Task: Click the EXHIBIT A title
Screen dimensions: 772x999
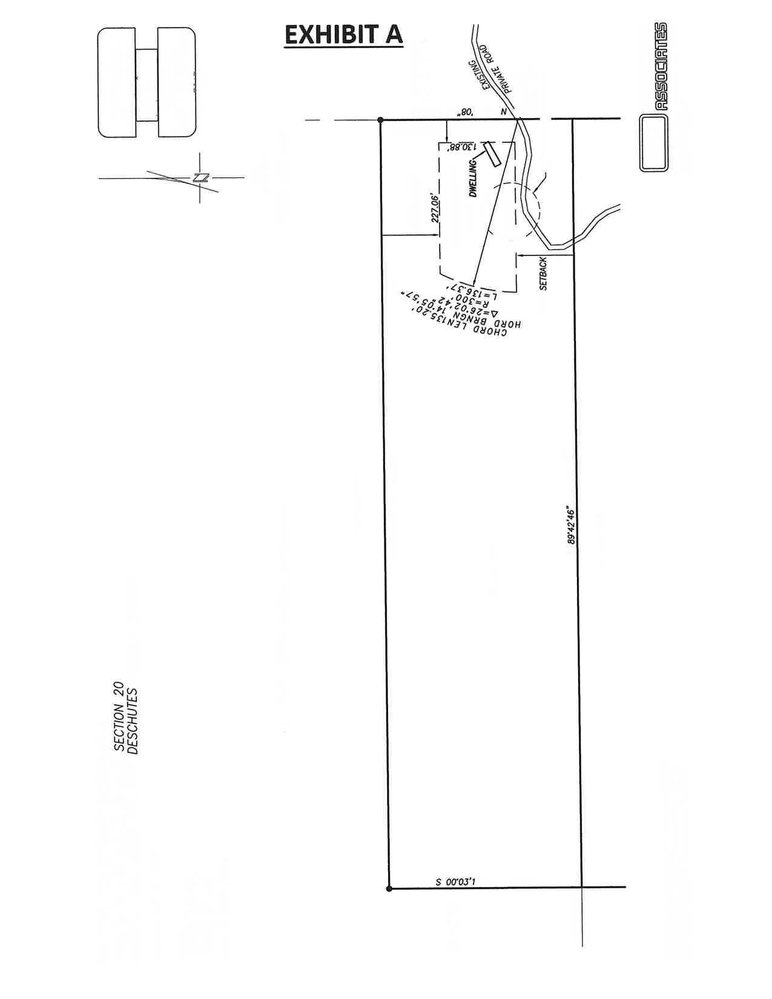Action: pos(343,35)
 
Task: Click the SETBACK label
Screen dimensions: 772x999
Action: pos(543,274)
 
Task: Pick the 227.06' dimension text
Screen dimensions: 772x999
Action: pos(435,209)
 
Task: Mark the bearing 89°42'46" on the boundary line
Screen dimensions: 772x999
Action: pos(571,523)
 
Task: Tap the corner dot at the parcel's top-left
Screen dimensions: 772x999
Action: pos(380,120)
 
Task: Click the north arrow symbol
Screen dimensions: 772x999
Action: pos(200,177)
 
